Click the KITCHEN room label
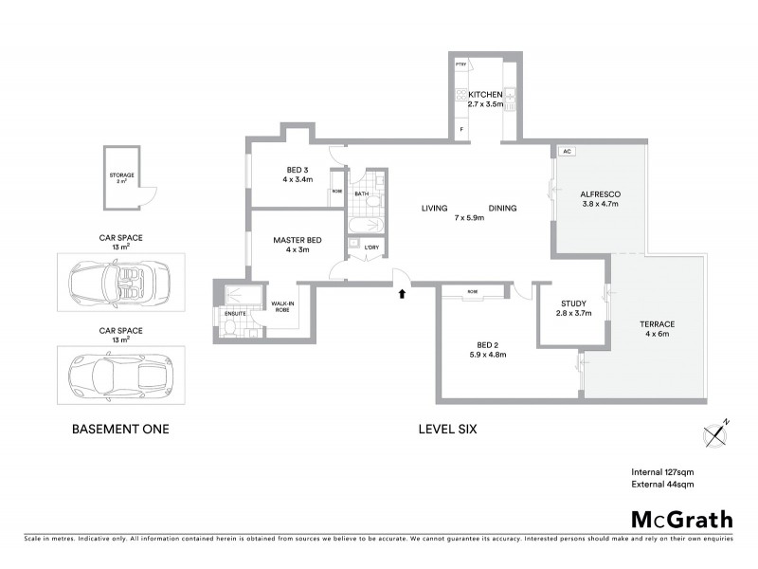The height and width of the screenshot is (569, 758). (x=485, y=95)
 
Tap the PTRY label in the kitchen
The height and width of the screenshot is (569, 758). (x=461, y=64)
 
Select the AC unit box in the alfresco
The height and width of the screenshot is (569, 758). (x=567, y=152)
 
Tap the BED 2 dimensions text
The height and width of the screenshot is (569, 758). (x=487, y=355)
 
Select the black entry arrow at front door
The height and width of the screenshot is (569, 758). (x=403, y=293)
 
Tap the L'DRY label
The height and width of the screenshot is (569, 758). (x=370, y=248)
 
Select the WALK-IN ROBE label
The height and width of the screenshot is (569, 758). (x=283, y=307)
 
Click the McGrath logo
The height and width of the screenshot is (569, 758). (x=681, y=519)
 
